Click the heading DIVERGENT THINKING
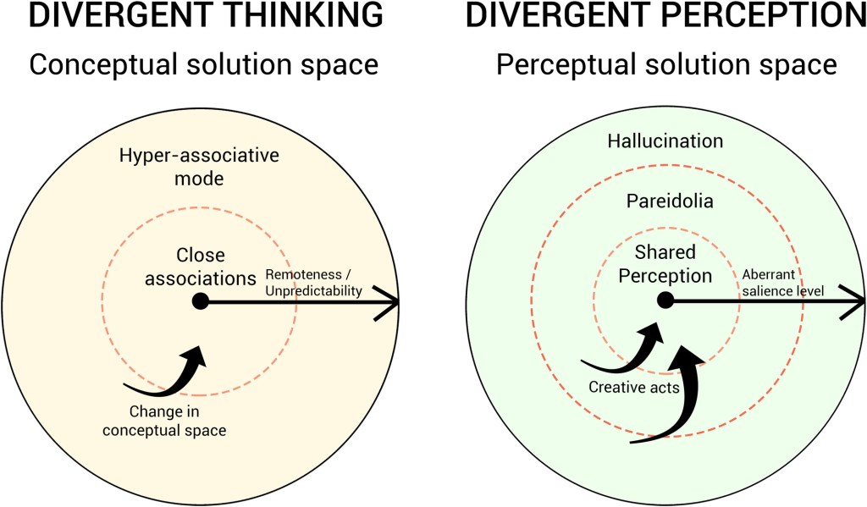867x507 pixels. pos(193,16)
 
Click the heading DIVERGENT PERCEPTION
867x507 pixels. pos(665,16)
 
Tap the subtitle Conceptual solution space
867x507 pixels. pos(202,65)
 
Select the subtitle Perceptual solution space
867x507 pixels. pos(666,65)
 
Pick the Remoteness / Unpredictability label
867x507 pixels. pos(314,283)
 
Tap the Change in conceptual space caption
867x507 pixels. pos(178,422)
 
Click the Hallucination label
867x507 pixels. pos(665,141)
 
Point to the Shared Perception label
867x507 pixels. pos(665,264)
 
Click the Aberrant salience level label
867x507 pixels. pos(780,283)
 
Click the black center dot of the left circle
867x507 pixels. pos(200,300)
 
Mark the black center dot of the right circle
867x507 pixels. pos(665,300)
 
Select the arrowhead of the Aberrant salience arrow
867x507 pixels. pos(855,300)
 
